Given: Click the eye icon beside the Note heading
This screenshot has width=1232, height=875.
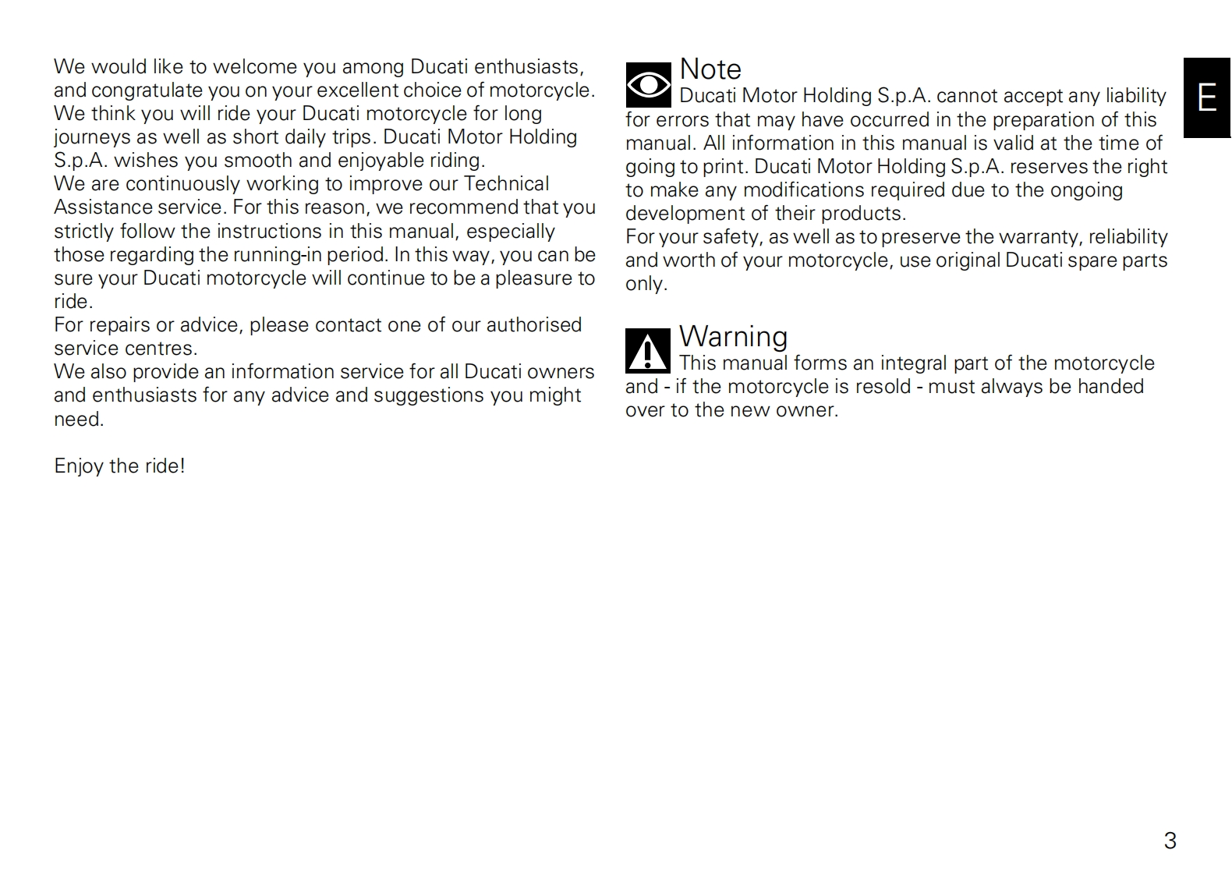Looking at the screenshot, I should (648, 85).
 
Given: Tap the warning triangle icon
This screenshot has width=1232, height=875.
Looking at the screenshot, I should (647, 352).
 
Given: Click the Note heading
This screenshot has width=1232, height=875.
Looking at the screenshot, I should (710, 69).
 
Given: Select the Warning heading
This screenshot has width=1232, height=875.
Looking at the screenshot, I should (733, 337).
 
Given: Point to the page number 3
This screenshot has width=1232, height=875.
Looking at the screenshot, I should (1170, 841).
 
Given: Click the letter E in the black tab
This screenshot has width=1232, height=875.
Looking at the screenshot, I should (1206, 98).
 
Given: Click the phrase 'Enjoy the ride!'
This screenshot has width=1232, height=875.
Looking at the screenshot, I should (119, 466).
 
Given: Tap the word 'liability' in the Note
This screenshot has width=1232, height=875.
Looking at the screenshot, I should (1135, 96).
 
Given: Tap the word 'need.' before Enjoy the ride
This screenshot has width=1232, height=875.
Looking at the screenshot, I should (78, 420).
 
